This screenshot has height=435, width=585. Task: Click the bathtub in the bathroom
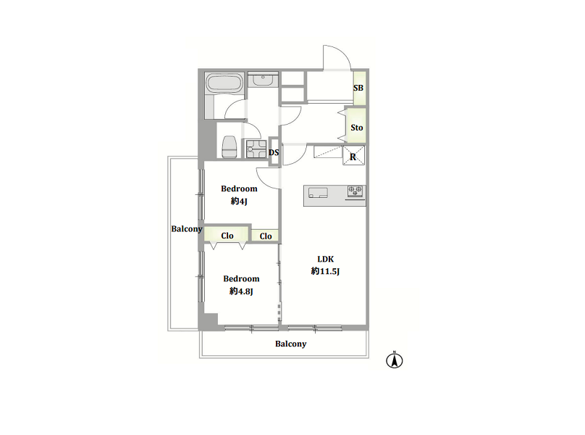coord(224,83)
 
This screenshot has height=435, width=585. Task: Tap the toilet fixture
coord(230,147)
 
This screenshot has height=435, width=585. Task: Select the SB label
coord(358,88)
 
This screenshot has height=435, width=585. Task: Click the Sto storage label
coord(357,128)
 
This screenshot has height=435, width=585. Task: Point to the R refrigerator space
coord(353,157)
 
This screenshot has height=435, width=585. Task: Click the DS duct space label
coord(274,152)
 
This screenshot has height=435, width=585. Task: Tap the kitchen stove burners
coord(355,191)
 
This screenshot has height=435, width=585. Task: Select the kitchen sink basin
coord(318,193)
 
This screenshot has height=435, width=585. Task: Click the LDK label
coord(325,259)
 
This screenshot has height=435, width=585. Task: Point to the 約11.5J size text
coord(325,271)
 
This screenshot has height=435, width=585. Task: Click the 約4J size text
coord(239,202)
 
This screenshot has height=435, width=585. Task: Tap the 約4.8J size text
coord(241,291)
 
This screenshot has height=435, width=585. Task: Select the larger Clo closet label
coord(227,236)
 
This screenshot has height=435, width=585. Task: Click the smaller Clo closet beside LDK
coord(266,236)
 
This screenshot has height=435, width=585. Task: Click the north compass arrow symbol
coord(395,360)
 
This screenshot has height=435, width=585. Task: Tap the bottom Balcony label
coord(290,344)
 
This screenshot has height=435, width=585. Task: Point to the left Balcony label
coord(187,228)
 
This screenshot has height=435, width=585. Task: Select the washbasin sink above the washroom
coord(263,80)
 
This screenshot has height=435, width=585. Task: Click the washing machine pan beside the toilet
coord(256,149)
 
